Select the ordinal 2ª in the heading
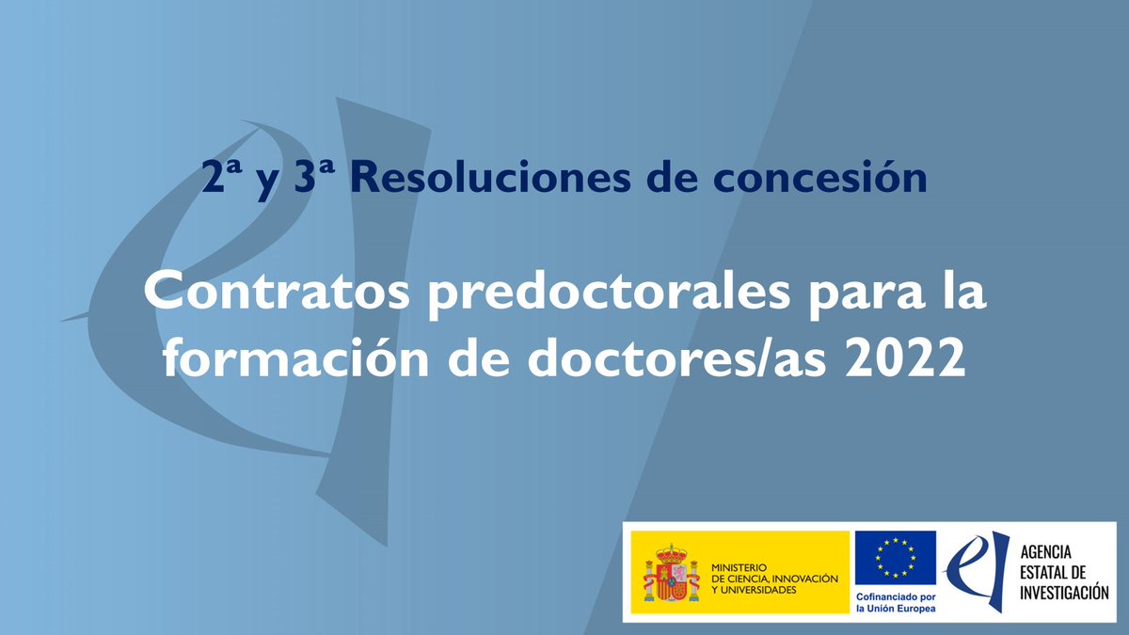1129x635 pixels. tap(222, 179)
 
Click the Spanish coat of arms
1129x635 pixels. tap(671, 573)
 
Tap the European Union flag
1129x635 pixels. tap(895, 558)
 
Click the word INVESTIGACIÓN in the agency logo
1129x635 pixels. tap(1064, 593)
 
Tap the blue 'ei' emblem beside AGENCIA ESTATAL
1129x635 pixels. tap(978, 572)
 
